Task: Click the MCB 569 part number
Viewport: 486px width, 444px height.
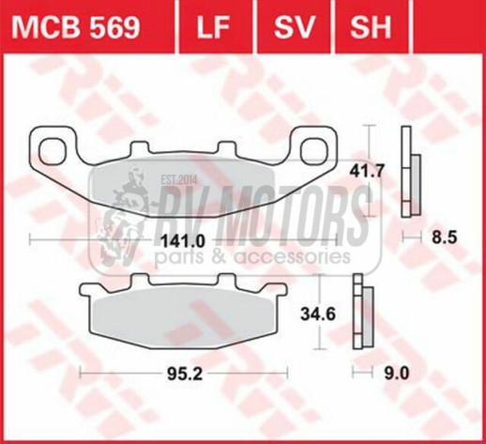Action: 76,27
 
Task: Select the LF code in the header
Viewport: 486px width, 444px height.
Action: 213,27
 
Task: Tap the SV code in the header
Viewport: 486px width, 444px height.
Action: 294,27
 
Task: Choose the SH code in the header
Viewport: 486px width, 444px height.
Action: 371,27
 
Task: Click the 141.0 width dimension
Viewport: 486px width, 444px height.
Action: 182,241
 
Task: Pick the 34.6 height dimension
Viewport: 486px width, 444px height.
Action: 318,314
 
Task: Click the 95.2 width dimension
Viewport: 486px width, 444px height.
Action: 185,374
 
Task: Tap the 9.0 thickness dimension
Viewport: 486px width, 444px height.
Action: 397,374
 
